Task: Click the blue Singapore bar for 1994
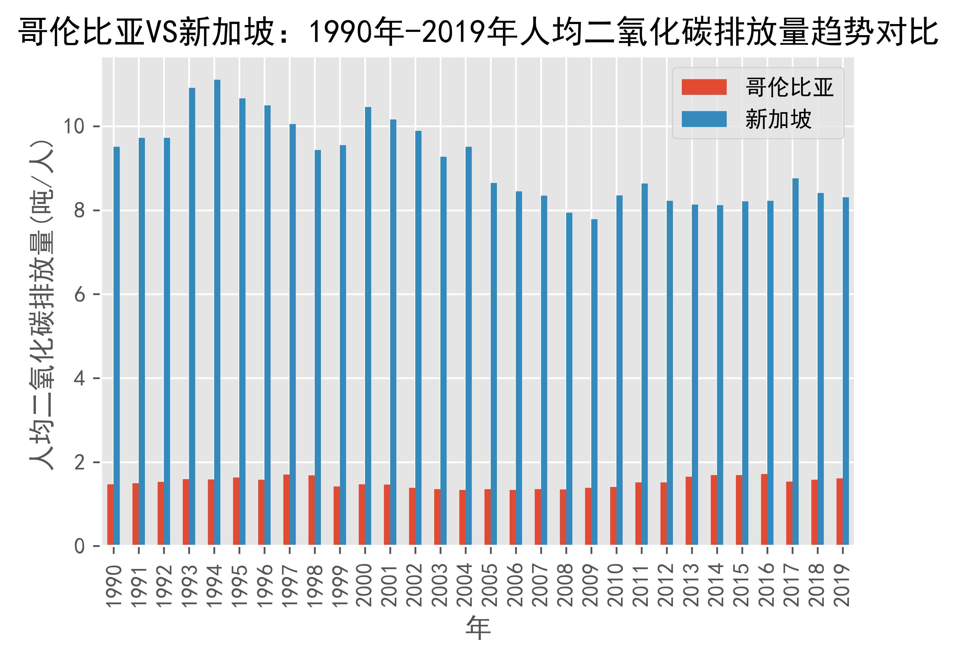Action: pos(217,313)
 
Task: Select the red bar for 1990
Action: pos(110,515)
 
